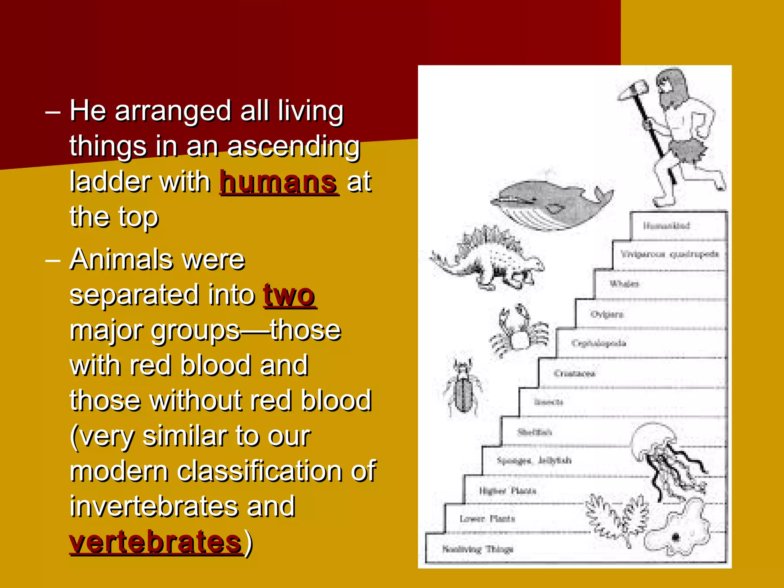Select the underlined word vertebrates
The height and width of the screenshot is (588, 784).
point(156,542)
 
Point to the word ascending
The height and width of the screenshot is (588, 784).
point(294,146)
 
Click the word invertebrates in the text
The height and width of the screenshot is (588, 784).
point(182,506)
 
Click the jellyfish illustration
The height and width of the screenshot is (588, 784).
point(666,459)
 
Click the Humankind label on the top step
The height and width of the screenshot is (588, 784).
point(666,225)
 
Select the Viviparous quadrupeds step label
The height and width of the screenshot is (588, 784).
point(670,255)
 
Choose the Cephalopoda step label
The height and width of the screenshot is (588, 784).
point(598,343)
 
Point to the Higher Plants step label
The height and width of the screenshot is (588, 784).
point(508,491)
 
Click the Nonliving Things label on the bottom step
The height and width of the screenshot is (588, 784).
point(477,549)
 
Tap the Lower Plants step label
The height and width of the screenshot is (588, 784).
point(487,519)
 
